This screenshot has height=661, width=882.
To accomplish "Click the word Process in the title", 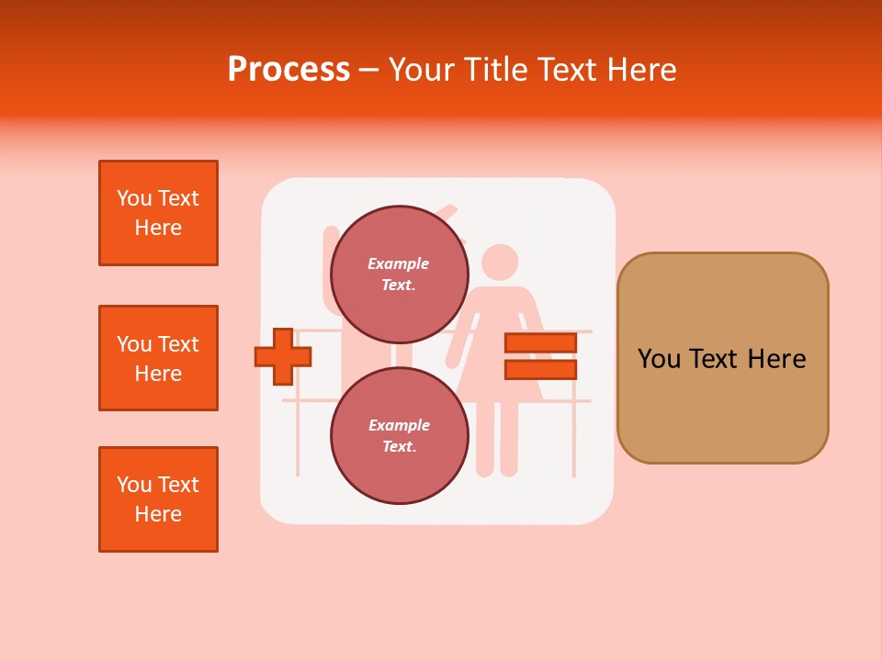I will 288,69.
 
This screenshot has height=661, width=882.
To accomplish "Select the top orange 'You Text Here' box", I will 158,213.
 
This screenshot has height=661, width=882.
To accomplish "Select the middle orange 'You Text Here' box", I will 158,358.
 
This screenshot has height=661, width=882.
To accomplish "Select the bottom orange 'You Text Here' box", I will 158,499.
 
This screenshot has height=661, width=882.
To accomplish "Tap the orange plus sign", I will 283,357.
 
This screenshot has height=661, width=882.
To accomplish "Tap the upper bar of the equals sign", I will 540,343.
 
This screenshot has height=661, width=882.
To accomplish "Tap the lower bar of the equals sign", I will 540,370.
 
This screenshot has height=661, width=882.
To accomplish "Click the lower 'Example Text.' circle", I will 399,435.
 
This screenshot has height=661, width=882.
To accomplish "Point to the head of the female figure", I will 500,263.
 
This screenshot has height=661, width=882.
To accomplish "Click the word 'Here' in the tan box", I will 776,359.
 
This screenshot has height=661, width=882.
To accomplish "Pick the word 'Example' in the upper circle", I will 399,263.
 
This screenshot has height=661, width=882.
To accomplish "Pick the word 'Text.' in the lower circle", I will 399,446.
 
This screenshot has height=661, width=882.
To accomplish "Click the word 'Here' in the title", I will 641,70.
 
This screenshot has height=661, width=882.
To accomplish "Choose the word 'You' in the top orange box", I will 134,198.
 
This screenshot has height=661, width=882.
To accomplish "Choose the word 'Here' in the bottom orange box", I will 158,514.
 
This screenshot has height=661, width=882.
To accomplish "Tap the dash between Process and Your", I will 368,70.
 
